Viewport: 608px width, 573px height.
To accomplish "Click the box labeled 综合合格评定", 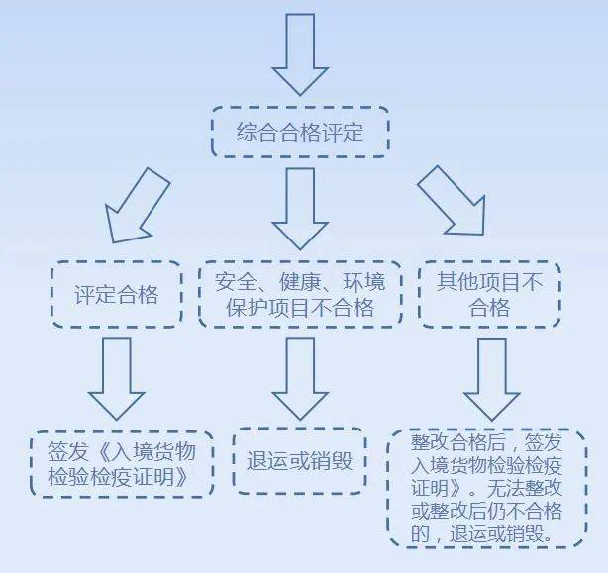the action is pyautogui.click(x=300, y=132).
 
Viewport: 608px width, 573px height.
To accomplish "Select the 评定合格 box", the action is pyautogui.click(x=116, y=294).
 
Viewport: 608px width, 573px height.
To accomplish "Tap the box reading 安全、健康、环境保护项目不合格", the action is pyautogui.click(x=300, y=294).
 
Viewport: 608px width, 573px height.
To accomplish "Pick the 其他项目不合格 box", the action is pyautogui.click(x=489, y=294).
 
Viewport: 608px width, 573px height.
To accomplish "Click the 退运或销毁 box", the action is pyautogui.click(x=299, y=461).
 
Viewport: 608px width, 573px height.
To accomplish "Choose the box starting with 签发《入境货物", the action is pyautogui.click(x=122, y=463).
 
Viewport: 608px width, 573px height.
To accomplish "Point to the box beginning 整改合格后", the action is pyautogui.click(x=487, y=488).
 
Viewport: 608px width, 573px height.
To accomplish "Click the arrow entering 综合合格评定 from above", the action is pyautogui.click(x=300, y=54).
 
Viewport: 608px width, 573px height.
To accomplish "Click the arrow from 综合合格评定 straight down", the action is pyautogui.click(x=300, y=209).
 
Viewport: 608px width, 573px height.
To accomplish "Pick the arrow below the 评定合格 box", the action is pyautogui.click(x=117, y=379).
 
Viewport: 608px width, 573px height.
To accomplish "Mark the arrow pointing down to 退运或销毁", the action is pyautogui.click(x=300, y=379).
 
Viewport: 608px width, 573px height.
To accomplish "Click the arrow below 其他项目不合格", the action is pyautogui.click(x=492, y=380).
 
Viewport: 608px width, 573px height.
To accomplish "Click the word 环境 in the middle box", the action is pyautogui.click(x=364, y=282).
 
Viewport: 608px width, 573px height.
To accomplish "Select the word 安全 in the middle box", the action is pyautogui.click(x=236, y=282).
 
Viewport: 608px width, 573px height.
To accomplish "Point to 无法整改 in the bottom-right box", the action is pyautogui.click(x=524, y=488).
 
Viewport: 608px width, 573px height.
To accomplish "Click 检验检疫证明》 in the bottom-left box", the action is pyautogui.click(x=118, y=476).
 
